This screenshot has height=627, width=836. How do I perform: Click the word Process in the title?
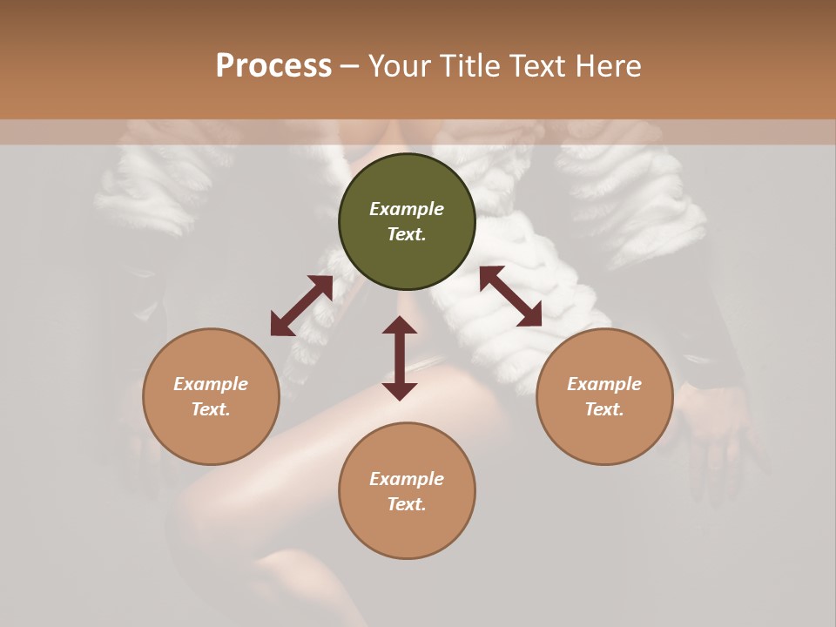click(273, 66)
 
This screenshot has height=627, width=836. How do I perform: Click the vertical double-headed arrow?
click(400, 358)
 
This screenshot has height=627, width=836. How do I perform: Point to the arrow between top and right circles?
click(510, 296)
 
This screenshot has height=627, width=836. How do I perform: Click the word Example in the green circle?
click(407, 209)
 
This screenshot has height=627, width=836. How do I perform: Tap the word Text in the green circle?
click(407, 234)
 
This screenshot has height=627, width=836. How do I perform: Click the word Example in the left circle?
click(211, 384)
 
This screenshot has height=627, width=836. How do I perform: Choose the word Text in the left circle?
click(211, 409)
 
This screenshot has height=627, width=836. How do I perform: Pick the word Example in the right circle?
click(604, 384)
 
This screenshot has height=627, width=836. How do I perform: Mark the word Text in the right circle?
click(604, 409)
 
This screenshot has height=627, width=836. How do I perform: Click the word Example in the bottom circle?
click(407, 479)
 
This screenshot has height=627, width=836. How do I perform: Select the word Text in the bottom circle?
click(407, 504)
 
